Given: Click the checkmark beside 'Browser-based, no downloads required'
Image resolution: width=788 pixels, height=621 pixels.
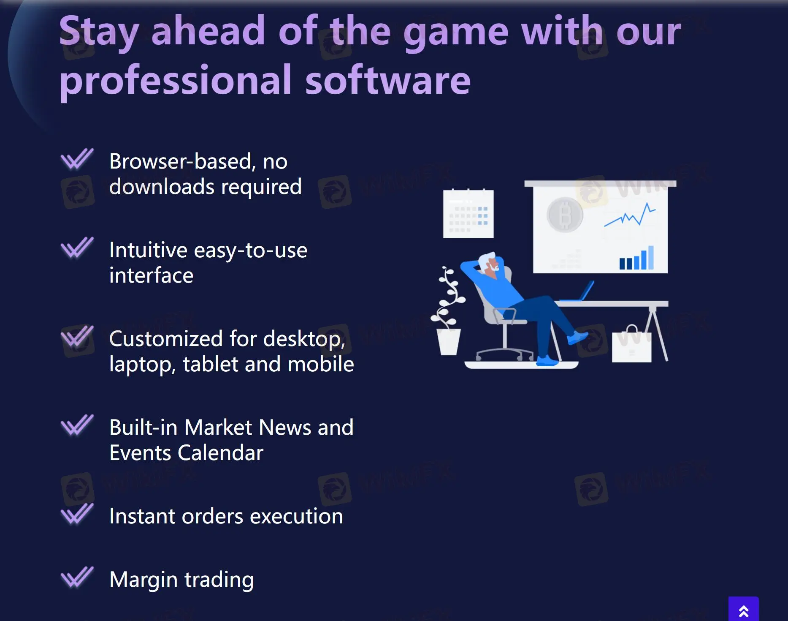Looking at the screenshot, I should click(77, 159).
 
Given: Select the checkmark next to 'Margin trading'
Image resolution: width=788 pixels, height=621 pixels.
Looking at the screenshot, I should click(77, 577).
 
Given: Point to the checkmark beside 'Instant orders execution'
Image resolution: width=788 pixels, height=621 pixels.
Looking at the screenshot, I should click(77, 514).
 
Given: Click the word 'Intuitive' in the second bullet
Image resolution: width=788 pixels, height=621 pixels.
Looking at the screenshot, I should click(148, 250).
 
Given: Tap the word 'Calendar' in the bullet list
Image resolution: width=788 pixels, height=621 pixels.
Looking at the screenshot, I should click(220, 453).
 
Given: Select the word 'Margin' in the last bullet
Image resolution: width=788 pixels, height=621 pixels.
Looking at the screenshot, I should click(144, 580).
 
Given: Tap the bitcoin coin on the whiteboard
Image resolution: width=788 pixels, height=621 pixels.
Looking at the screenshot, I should click(565, 215).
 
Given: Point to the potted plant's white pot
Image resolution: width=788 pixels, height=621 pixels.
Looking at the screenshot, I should click(448, 341).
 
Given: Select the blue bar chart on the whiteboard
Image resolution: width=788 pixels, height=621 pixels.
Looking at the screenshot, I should click(636, 259).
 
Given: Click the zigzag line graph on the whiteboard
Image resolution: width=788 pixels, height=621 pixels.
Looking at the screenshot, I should click(630, 215).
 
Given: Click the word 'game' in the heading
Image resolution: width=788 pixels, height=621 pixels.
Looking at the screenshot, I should click(456, 32).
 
